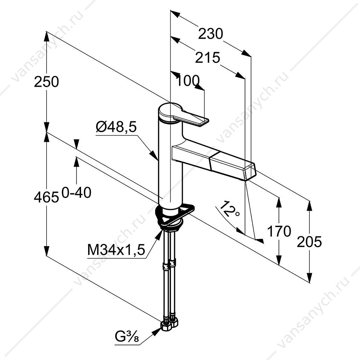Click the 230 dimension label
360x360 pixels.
coord(210,34)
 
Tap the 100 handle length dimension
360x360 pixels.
coord(188,81)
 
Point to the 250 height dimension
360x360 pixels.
coord(46,82)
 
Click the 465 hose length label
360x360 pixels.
coord(46,197)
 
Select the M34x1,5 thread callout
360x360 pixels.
coord(116,250)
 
